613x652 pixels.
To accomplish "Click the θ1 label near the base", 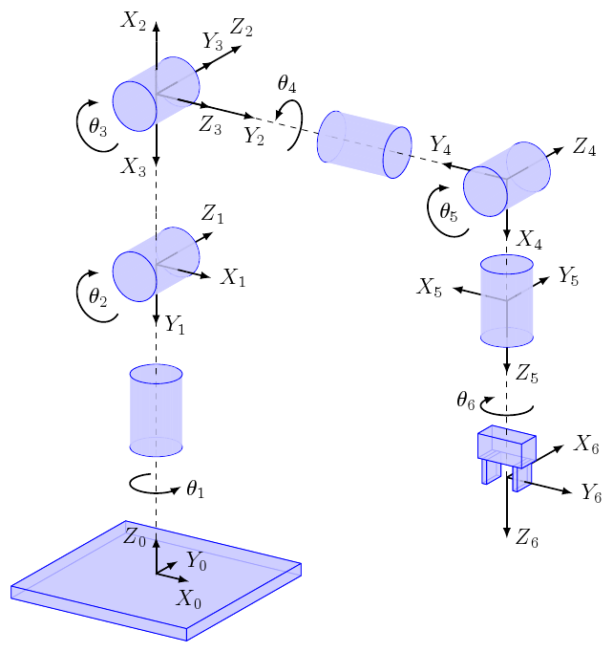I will [196, 489].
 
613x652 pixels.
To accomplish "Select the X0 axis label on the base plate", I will [190, 600].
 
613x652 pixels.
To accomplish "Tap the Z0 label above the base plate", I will [136, 536].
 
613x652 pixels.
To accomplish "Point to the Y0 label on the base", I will [197, 560].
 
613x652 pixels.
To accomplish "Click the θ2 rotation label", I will [97, 297].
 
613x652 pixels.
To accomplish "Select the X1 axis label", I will [234, 278].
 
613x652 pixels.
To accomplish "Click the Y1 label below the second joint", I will [175, 325].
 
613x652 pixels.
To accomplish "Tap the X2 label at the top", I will [133, 18].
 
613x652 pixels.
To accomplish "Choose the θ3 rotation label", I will [97, 126].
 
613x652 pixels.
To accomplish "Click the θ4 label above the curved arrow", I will [286, 84].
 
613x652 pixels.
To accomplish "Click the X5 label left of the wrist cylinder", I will [430, 287].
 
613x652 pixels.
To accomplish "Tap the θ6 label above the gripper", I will [465, 401].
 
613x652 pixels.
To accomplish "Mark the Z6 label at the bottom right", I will [526, 540].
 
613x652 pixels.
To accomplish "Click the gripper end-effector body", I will [507, 449].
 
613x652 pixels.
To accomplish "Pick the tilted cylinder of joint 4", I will [364, 144].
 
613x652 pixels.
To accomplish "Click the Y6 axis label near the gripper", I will [591, 493].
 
